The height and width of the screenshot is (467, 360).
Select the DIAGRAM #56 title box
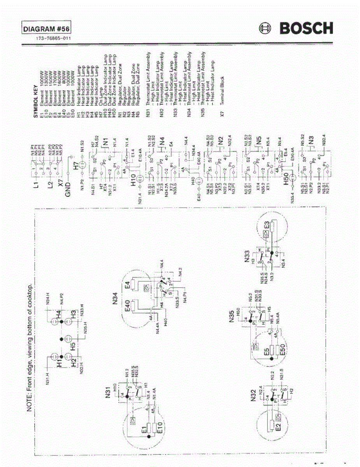[47, 29]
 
